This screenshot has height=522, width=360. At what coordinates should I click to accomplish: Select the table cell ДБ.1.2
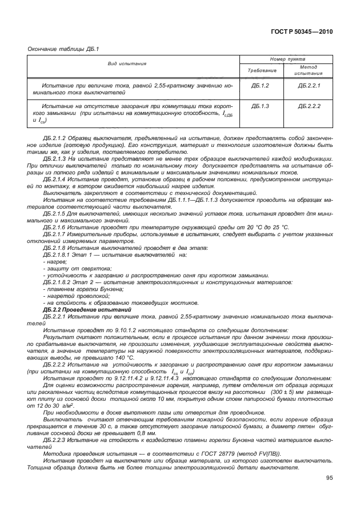[x=260, y=85]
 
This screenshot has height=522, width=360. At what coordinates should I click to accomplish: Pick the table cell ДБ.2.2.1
[x=309, y=85]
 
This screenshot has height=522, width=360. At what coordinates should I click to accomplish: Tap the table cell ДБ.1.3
[x=260, y=106]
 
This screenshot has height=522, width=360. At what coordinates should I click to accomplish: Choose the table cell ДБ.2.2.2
[x=309, y=106]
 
